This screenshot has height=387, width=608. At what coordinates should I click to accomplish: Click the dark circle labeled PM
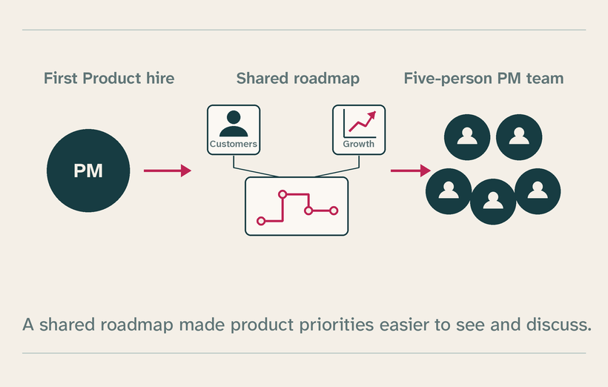click(88, 171)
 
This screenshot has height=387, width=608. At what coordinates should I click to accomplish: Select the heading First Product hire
click(109, 79)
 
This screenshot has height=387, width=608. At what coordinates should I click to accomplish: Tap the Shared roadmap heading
click(298, 79)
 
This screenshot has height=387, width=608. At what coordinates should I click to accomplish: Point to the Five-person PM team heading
click(483, 79)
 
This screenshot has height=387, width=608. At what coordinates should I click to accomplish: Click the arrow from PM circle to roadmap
click(168, 171)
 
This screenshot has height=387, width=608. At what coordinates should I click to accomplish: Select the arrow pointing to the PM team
click(411, 171)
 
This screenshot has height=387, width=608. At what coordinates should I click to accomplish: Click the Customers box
click(234, 130)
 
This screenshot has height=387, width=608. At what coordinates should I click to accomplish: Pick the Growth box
click(359, 130)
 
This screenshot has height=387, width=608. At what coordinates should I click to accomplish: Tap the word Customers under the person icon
click(234, 144)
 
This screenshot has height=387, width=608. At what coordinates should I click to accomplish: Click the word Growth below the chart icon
click(359, 145)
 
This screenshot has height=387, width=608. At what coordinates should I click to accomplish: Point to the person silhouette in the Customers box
click(234, 124)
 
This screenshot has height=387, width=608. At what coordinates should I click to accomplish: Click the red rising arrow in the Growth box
click(363, 122)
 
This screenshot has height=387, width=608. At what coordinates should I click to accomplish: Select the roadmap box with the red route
click(297, 206)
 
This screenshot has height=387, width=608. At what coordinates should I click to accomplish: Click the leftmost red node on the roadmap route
click(261, 221)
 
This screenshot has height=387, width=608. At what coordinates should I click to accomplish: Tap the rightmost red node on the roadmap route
click(334, 211)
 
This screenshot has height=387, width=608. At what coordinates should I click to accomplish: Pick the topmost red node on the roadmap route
click(282, 194)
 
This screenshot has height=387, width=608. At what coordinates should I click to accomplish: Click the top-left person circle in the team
click(467, 137)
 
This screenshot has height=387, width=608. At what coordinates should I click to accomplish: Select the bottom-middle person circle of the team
click(493, 202)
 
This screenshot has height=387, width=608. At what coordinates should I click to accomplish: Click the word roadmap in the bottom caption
click(136, 325)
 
